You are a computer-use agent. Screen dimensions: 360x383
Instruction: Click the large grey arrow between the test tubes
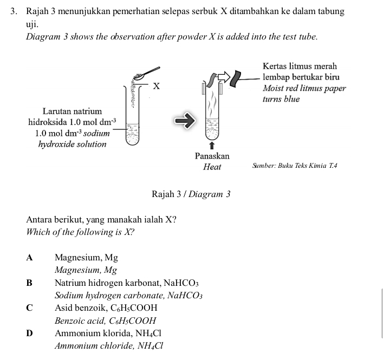click(183, 120)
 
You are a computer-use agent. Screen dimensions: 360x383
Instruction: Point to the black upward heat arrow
click(212, 145)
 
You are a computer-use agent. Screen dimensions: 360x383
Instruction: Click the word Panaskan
click(212, 156)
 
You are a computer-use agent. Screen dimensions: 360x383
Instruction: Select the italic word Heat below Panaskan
click(212, 167)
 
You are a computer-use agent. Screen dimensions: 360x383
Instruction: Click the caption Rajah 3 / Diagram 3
click(191, 194)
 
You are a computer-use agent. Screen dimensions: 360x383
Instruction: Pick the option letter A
click(29, 258)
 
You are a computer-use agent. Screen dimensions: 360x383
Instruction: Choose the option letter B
click(29, 283)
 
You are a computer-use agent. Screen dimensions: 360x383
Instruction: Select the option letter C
click(29, 307)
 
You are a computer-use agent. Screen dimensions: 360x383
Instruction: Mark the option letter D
click(29, 333)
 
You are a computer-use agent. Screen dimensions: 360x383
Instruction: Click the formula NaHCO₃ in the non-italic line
click(186, 283)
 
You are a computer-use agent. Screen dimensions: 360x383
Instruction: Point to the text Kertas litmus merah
click(299, 66)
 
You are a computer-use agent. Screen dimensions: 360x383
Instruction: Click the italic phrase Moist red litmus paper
click(303, 88)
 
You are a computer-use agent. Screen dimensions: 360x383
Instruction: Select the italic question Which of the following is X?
click(80, 232)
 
